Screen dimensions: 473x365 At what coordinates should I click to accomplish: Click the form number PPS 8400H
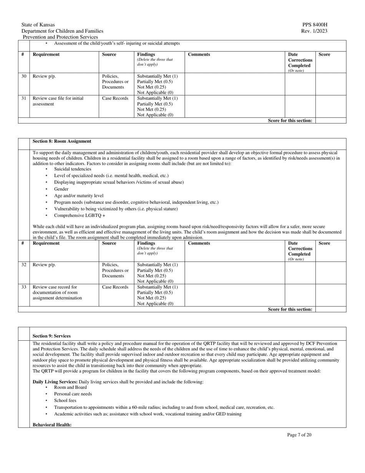pyautogui.click(x=315, y=25)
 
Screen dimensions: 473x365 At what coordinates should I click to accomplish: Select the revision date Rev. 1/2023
pyautogui.click(x=315, y=31)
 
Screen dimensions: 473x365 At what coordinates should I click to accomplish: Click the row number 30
pyautogui.click(x=24, y=76)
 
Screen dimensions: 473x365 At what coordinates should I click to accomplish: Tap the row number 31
pyautogui.click(x=24, y=98)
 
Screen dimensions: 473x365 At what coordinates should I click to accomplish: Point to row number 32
pyautogui.click(x=24, y=265)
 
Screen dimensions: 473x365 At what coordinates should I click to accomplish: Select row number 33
pyautogui.click(x=24, y=287)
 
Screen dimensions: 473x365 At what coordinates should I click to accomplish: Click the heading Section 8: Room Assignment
pyautogui.click(x=62, y=141)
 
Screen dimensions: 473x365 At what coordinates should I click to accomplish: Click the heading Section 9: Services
pyautogui.click(x=51, y=336)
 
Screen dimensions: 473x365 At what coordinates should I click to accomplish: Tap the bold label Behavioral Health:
pyautogui.click(x=52, y=425)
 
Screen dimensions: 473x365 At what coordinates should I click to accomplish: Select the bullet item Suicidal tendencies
pyautogui.click(x=73, y=169)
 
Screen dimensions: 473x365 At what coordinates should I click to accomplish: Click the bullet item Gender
pyautogui.click(x=61, y=189)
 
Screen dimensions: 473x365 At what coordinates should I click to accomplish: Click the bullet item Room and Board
pyautogui.click(x=70, y=387)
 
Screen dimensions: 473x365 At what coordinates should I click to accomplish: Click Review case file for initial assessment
pyautogui.click(x=58, y=101)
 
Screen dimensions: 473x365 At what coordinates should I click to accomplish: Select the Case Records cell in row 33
pyautogui.click(x=115, y=287)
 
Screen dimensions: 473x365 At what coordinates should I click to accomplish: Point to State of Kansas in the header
pyautogui.click(x=38, y=25)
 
